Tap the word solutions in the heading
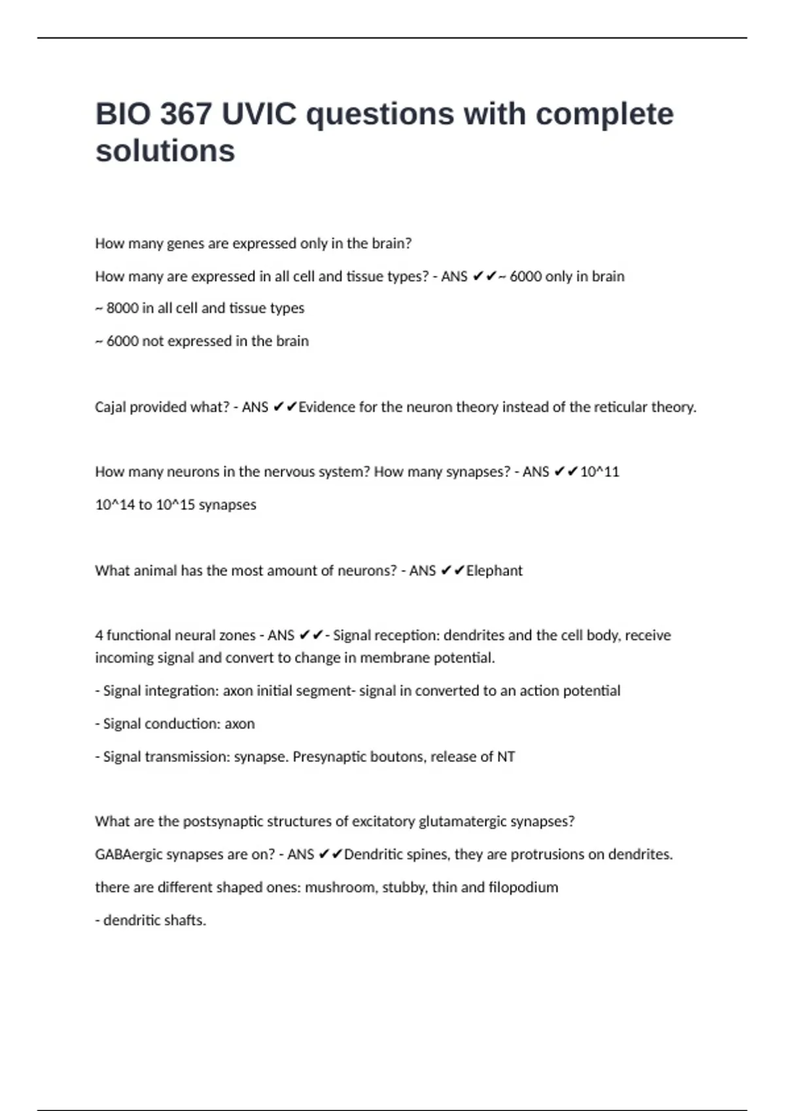(x=165, y=151)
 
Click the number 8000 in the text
(x=122, y=308)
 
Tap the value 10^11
(x=599, y=472)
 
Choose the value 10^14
(x=114, y=505)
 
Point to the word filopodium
(x=523, y=887)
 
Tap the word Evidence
(x=326, y=407)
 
